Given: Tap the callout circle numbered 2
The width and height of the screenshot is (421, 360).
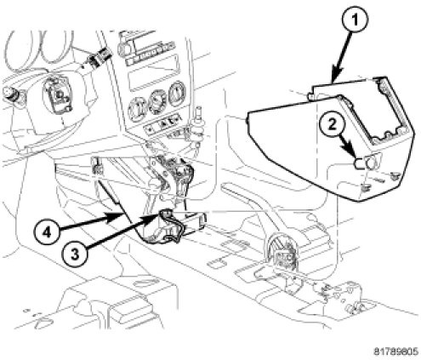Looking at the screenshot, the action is point(332,125).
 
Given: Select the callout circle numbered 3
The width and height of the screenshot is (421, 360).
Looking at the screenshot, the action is point(75,254).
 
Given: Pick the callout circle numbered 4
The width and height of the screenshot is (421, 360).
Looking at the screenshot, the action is point(47,232).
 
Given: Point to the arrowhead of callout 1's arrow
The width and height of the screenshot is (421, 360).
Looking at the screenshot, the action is point(336,74).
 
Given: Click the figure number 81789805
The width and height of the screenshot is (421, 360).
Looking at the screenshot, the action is point(395,351).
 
